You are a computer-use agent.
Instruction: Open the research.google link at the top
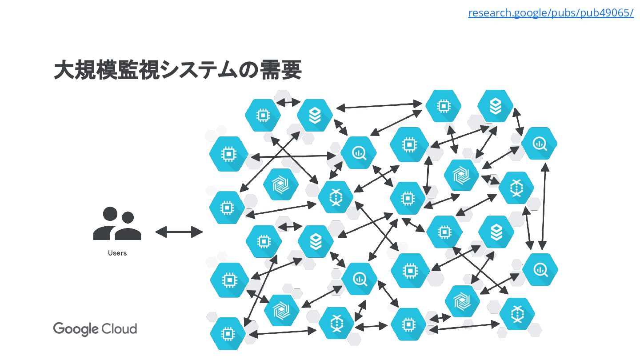[x=551, y=13]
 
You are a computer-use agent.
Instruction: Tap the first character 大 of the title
[x=63, y=70]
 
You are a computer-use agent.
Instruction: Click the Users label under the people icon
[x=117, y=253]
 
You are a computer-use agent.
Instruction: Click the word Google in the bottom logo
[x=76, y=329]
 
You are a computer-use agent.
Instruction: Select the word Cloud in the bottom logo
[x=119, y=328]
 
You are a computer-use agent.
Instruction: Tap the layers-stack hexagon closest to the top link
[x=495, y=106]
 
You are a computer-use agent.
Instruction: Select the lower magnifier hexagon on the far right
[x=540, y=269]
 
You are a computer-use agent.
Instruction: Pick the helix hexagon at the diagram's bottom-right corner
[x=516, y=314]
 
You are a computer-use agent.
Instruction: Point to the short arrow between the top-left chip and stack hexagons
[x=288, y=103]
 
